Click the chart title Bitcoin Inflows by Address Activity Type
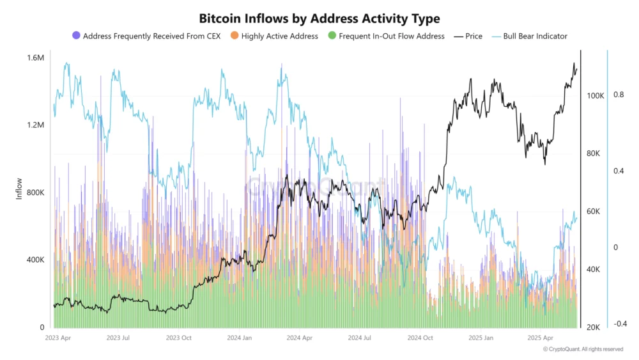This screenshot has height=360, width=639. (319, 19)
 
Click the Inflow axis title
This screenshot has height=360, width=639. (19, 189)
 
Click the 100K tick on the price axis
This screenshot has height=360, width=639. (595, 96)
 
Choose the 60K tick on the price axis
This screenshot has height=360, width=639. (593, 212)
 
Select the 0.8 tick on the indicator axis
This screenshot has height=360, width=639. (619, 95)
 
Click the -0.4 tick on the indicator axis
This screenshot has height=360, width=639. (619, 324)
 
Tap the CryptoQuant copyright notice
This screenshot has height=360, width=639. (583, 349)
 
